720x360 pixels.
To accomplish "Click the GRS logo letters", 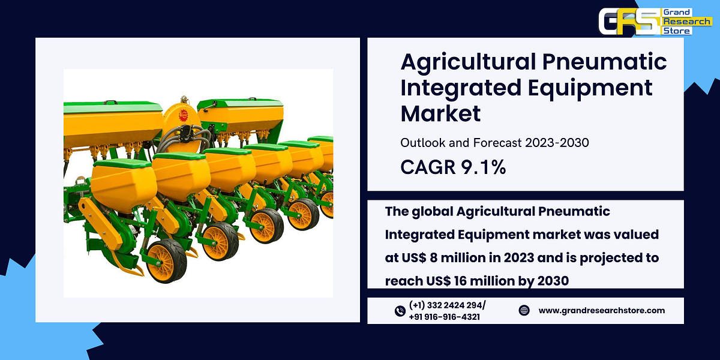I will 628,22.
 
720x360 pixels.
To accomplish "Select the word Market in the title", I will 440,113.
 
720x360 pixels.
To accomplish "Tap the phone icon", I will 400,311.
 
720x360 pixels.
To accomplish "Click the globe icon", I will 524,310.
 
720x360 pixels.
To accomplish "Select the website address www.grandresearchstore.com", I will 602,310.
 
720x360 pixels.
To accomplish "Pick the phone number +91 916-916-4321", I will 444,317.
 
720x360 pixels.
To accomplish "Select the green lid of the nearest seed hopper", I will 123,163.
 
